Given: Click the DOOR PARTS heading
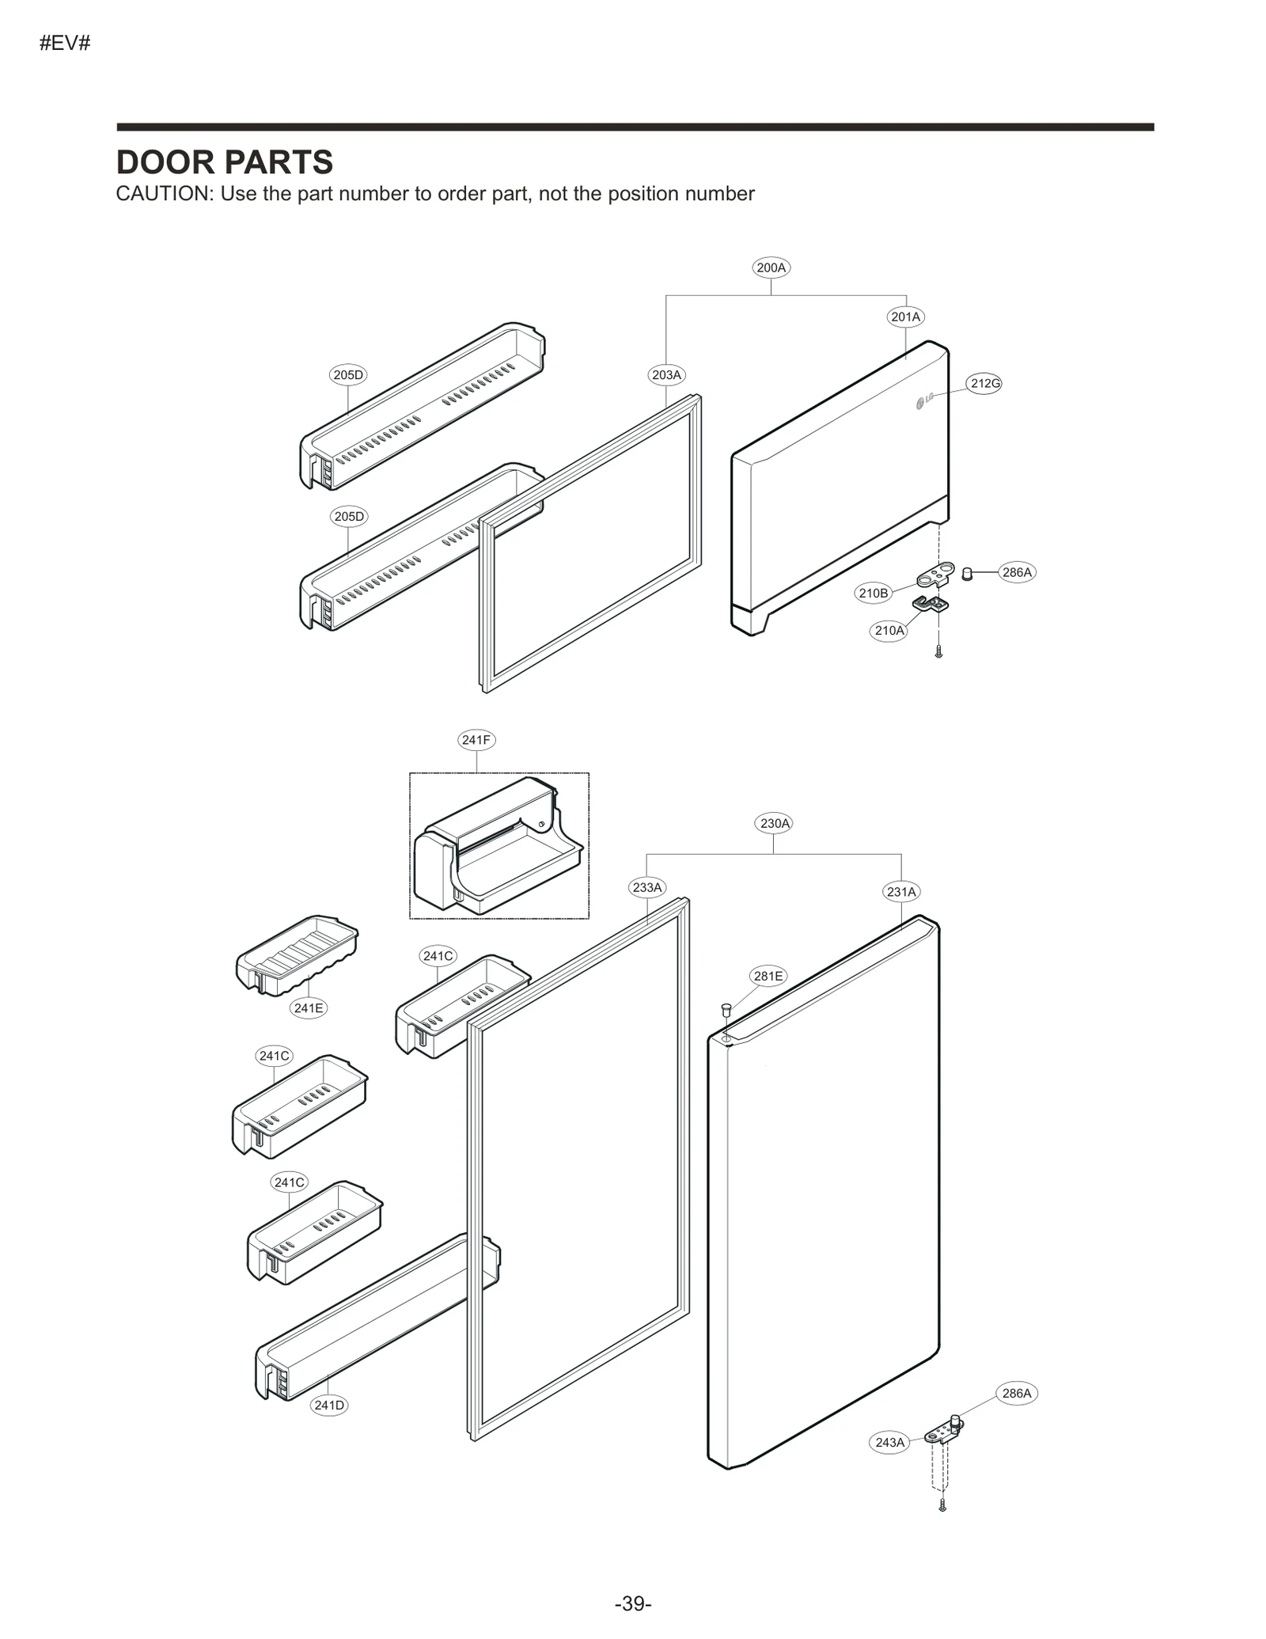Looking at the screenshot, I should (224, 162).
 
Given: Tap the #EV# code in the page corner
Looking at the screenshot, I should (65, 44).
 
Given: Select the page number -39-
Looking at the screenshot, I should (633, 1603).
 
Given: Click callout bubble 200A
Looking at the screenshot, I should (771, 267).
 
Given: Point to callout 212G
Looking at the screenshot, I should (985, 384).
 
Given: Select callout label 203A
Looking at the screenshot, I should (666, 375).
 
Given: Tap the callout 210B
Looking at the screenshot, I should (874, 593).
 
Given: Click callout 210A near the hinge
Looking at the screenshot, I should (889, 631).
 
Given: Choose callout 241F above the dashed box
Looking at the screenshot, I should (476, 740).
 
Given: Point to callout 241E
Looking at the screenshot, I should (308, 1007).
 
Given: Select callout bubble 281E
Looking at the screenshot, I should (768, 976).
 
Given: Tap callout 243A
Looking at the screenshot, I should (889, 1442).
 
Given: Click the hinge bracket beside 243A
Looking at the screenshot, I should (944, 1433).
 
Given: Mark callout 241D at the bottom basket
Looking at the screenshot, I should (329, 1405).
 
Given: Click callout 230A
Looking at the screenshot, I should (775, 823).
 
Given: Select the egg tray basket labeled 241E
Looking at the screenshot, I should (297, 954).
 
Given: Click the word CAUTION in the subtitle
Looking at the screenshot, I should (164, 194).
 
